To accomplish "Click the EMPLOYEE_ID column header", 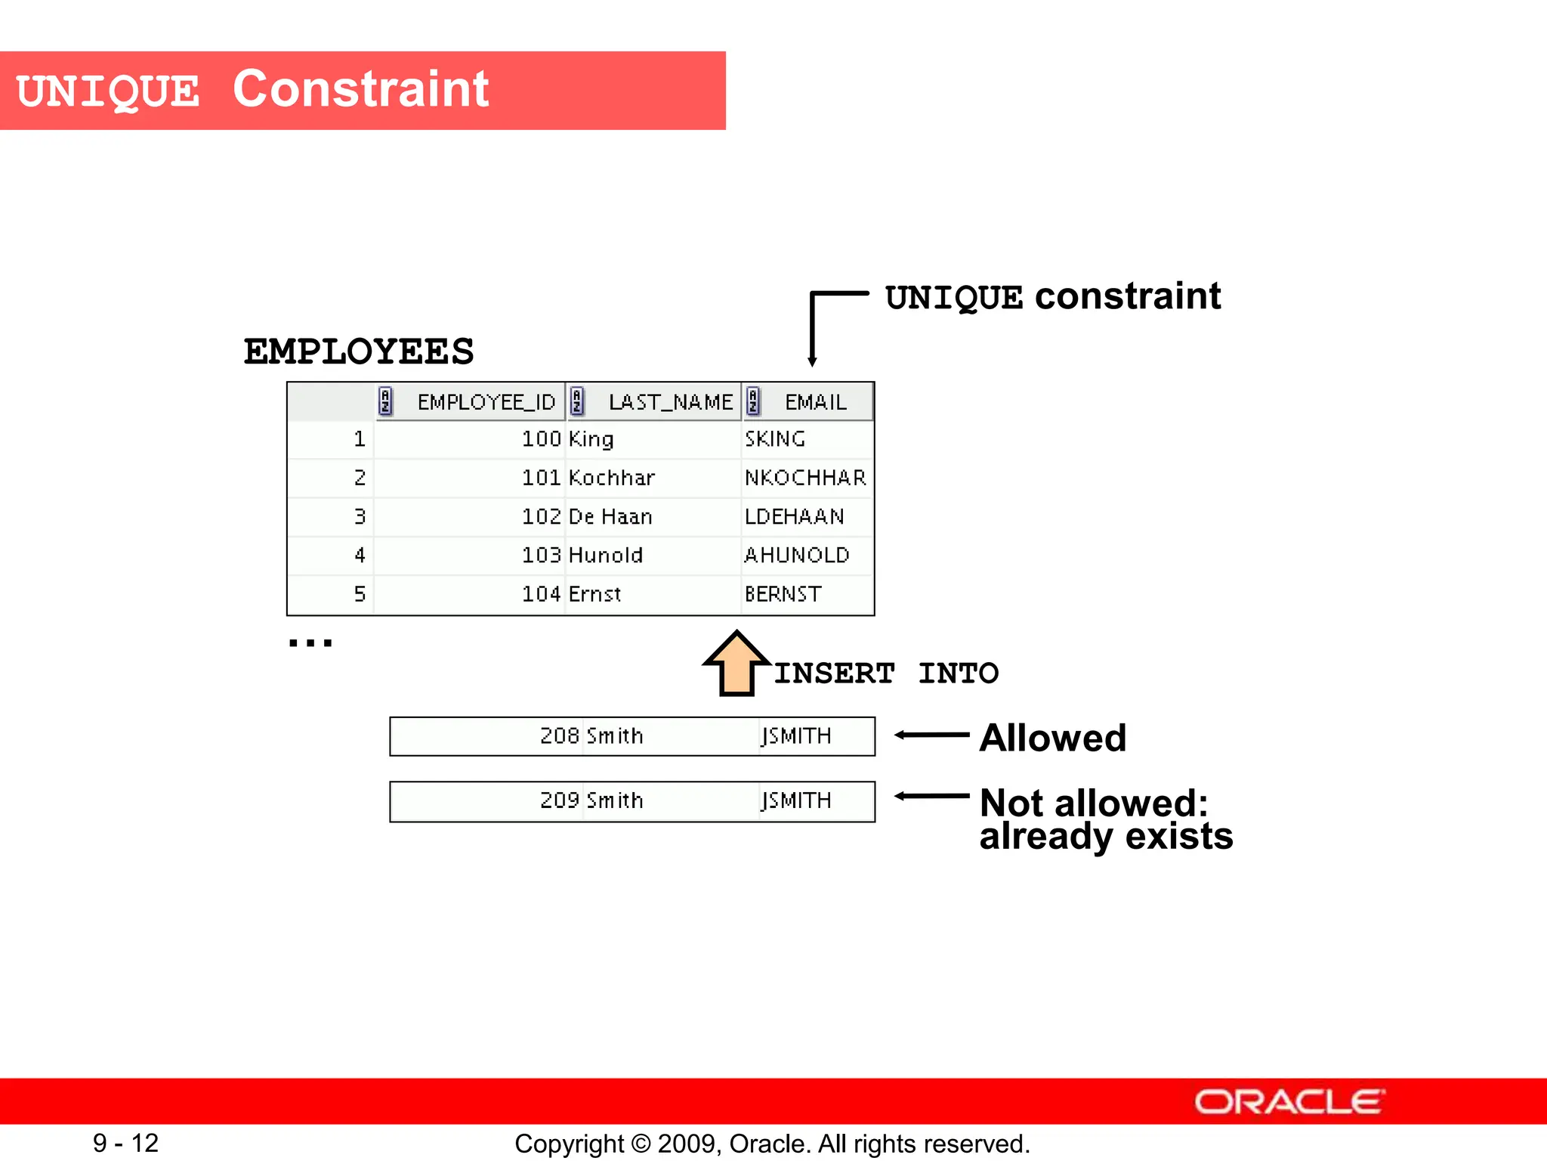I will pyautogui.click(x=486, y=402).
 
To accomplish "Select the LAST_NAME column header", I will pyautogui.click(x=670, y=402).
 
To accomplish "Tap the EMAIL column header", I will pyautogui.click(x=815, y=402).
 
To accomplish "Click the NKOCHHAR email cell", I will pyautogui.click(x=805, y=478).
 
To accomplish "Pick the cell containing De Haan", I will pyautogui.click(x=610, y=517).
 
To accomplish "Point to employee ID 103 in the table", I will pyautogui.click(x=541, y=556).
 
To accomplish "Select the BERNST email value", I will pyautogui.click(x=783, y=594).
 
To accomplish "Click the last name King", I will pyautogui.click(x=591, y=439).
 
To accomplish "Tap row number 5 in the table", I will pyautogui.click(x=360, y=594).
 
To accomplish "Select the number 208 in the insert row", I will pyautogui.click(x=559, y=736).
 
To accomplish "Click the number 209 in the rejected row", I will pyautogui.click(x=559, y=800).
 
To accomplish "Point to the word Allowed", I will pyautogui.click(x=1052, y=738).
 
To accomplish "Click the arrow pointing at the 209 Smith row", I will pyautogui.click(x=931, y=796).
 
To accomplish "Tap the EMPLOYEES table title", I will pyautogui.click(x=359, y=352).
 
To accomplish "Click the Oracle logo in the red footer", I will pyautogui.click(x=1289, y=1102).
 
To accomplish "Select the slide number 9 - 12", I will pyautogui.click(x=125, y=1143).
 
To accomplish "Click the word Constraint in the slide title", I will pyautogui.click(x=360, y=89).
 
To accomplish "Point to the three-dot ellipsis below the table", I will pyautogui.click(x=310, y=643).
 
